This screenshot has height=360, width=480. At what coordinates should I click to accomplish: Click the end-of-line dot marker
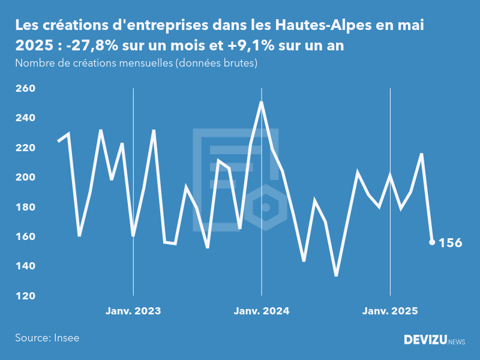coord(432,242)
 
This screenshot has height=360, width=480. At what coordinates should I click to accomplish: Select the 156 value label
coord(451,243)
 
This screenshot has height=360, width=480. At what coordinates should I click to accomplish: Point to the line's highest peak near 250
coord(262,103)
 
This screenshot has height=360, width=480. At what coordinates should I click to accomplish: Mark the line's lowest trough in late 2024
coord(337,275)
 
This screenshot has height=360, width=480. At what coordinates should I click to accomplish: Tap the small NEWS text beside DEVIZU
coord(457,341)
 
